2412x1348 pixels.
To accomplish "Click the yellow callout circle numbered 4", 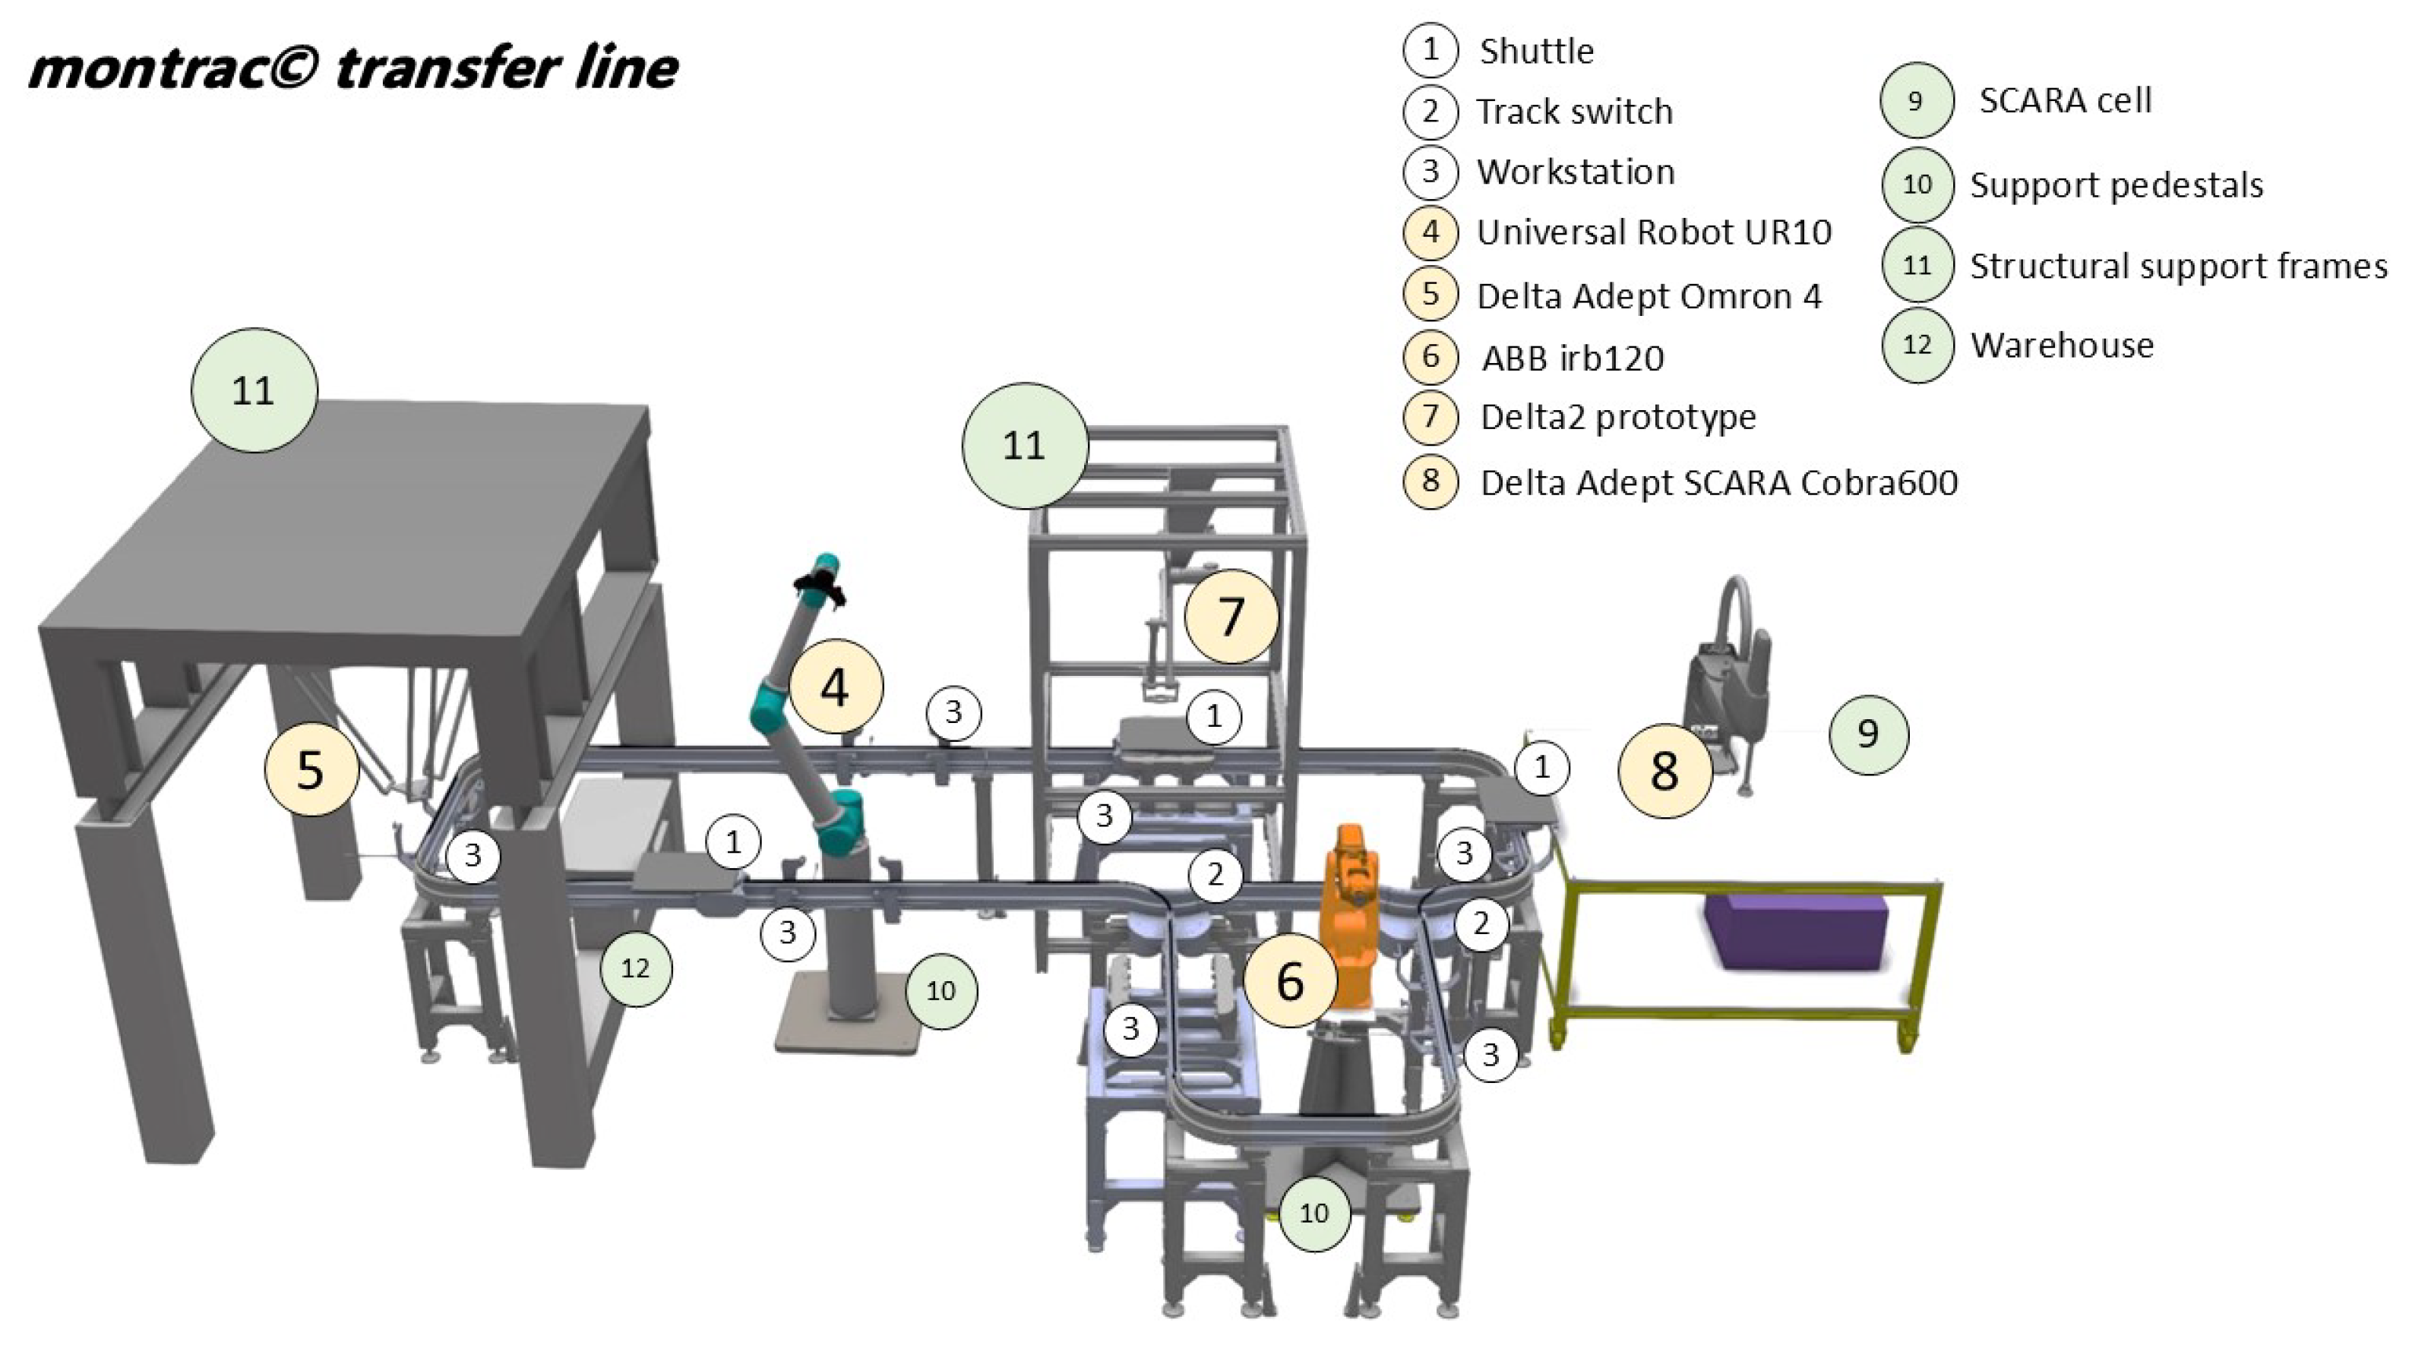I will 835,687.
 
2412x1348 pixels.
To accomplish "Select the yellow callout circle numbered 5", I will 311,769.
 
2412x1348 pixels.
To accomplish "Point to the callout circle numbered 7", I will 1231,616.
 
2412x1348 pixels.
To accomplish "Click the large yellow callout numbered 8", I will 1664,770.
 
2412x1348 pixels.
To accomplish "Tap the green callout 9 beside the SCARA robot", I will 1867,734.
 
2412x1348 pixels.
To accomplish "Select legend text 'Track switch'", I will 1574,112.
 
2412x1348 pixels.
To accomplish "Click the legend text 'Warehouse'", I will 2061,346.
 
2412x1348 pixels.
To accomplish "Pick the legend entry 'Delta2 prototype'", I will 1617,417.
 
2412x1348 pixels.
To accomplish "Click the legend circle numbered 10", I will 1917,185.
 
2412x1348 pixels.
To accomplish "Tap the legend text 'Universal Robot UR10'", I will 1652,232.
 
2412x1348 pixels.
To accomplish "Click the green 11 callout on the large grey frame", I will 254,390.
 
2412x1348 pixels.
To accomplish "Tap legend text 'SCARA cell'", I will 2065,100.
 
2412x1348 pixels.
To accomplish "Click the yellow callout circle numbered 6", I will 1289,980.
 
